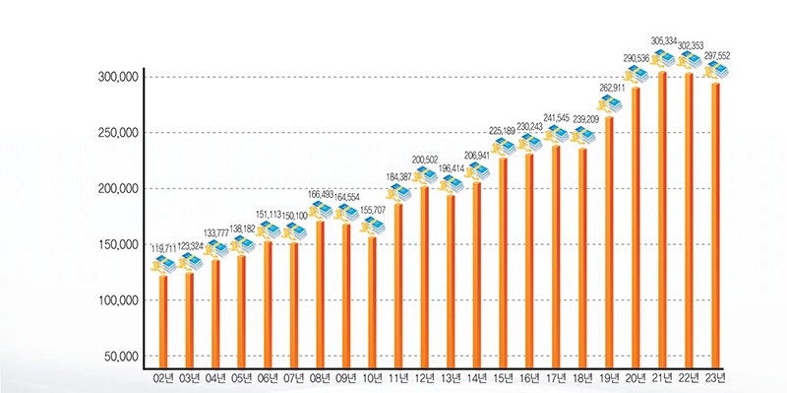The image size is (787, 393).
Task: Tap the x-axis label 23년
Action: coord(715,377)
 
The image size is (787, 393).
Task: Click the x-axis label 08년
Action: coord(321,377)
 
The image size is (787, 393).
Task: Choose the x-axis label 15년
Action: coord(505,377)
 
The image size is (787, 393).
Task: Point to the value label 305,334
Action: coord(663,41)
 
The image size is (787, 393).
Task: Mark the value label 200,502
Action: coord(425,160)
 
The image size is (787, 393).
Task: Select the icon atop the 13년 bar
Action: coord(452,183)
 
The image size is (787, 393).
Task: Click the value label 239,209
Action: coord(584,119)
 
